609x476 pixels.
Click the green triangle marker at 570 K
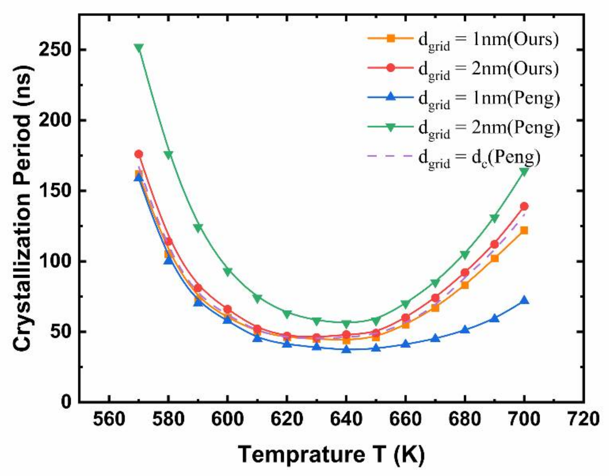tap(139, 48)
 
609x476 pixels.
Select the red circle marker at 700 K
tap(524, 206)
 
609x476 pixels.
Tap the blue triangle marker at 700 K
tap(524, 300)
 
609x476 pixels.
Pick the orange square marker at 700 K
tap(524, 230)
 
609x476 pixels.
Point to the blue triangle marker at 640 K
tap(346, 349)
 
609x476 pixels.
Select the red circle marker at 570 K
tap(139, 154)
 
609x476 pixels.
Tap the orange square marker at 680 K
tap(465, 285)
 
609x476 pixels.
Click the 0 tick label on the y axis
tap(66, 402)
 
